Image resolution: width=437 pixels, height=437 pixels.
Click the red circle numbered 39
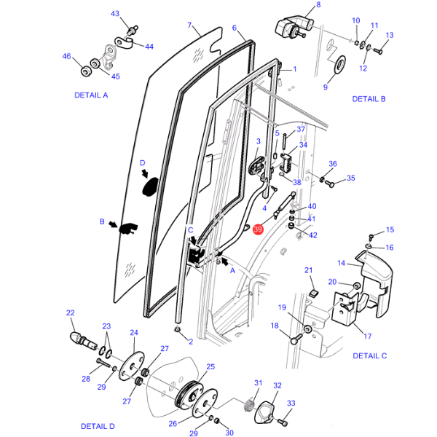coord(258,229)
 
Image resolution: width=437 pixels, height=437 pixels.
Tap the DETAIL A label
coord(91,95)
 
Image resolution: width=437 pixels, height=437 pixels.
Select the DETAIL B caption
coord(369,99)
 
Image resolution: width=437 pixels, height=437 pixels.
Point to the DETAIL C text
coord(369,356)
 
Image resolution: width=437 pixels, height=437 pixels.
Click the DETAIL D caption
coord(98,426)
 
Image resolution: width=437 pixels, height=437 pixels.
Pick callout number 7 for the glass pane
coord(189,25)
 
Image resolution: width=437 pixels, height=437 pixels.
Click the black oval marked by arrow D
coord(151,186)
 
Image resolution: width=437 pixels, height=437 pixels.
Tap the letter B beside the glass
coord(102,221)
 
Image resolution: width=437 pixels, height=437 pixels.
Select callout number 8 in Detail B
coord(318,5)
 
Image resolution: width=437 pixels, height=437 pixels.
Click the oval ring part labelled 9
coord(339,65)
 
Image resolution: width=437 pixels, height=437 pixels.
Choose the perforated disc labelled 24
coord(132,366)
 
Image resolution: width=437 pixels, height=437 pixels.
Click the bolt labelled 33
coord(282,422)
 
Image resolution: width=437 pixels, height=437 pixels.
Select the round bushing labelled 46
coord(86,71)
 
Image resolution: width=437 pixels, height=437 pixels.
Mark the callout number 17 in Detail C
coord(368,336)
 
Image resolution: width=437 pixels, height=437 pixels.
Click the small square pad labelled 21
coord(315,293)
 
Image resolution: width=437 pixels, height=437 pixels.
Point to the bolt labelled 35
coord(330,184)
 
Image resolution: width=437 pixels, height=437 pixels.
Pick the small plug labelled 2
coord(177,330)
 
